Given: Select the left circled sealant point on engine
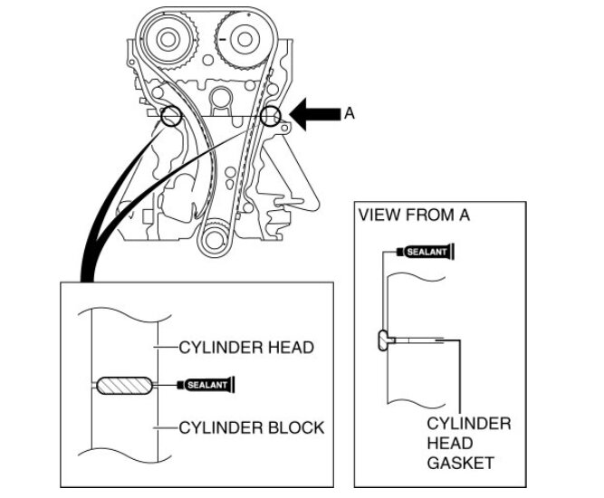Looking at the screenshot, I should click(x=169, y=116).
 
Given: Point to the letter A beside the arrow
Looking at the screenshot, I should click(x=349, y=114).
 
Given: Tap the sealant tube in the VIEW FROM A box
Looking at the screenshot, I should click(x=426, y=251).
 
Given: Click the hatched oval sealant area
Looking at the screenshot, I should click(x=122, y=386).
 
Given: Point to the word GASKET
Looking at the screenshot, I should click(x=462, y=463).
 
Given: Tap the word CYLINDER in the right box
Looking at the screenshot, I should click(x=468, y=424).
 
